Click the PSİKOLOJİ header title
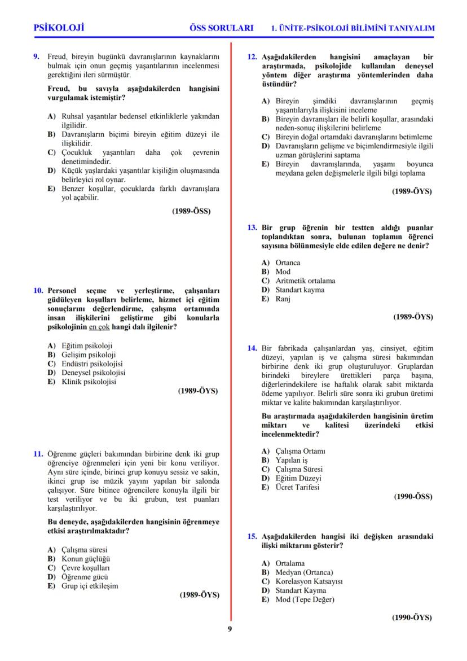pyautogui.click(x=59, y=28)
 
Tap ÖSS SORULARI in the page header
pyautogui.click(x=222, y=28)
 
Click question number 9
pyautogui.click(x=37, y=56)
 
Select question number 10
pyautogui.click(x=38, y=291)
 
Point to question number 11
pyautogui.click(x=38, y=454)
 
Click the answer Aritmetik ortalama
pyautogui.click(x=305, y=281)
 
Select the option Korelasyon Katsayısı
pyautogui.click(x=309, y=581)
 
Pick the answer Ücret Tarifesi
pyautogui.click(x=297, y=487)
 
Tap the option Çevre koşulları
pyautogui.click(x=85, y=567)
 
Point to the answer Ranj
pyautogui.click(x=283, y=299)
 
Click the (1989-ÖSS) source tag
pyautogui.click(x=191, y=212)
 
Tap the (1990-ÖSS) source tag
pyautogui.click(x=413, y=497)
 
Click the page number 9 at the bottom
pyautogui.click(x=230, y=629)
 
